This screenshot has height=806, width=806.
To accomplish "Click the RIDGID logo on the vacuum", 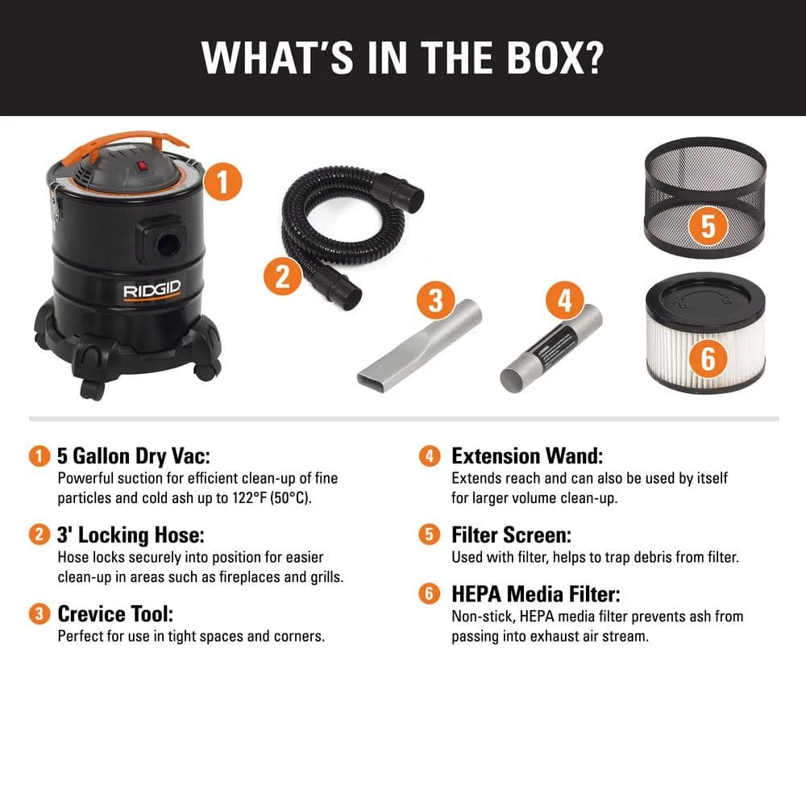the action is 152,290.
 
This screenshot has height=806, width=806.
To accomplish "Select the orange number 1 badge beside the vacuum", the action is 222,181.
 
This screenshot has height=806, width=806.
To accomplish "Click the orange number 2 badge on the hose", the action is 283,276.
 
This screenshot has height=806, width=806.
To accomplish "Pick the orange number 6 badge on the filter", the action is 708,358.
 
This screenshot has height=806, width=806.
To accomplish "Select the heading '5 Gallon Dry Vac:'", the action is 134,456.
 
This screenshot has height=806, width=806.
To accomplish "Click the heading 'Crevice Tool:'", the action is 115,613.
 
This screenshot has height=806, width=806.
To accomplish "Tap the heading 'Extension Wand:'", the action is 527,456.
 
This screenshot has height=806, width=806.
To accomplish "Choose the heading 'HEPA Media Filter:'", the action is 536,594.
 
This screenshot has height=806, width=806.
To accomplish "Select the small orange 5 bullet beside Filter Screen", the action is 430,534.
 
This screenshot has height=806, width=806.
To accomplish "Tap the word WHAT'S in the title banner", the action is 277,57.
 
